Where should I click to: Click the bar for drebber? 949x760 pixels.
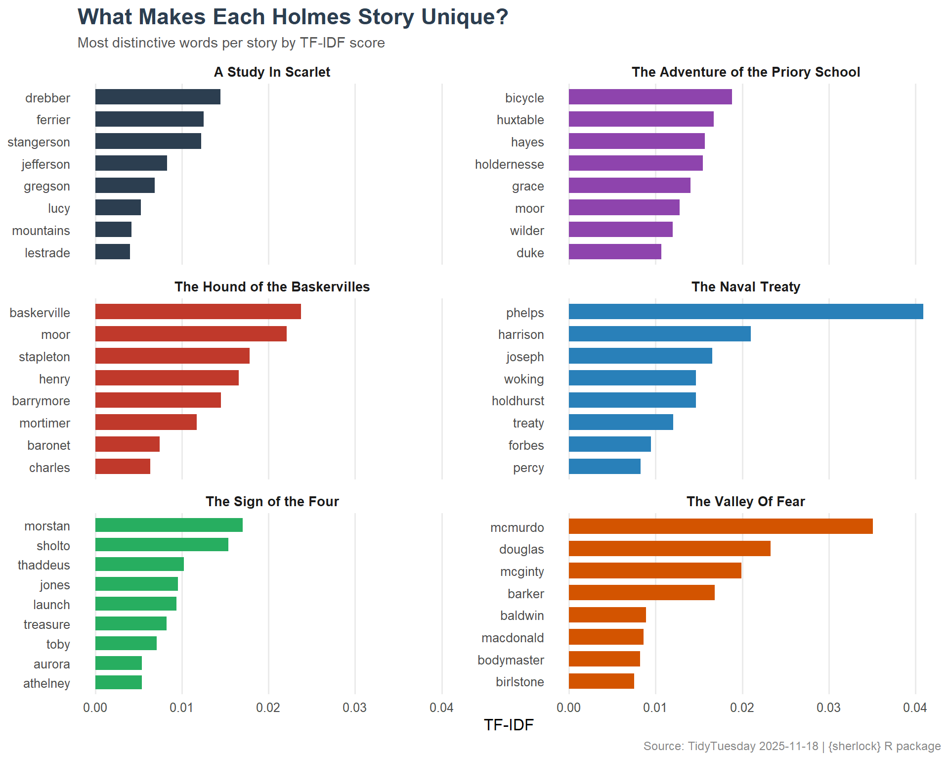[x=158, y=97]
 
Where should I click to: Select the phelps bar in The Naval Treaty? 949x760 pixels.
[x=745, y=312]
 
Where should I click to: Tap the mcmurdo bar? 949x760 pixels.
[x=720, y=526]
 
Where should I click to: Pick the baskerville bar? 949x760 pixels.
[x=198, y=312]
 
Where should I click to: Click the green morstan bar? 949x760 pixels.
[x=169, y=525]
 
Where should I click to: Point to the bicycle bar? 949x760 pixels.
[x=650, y=97]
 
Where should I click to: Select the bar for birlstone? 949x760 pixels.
[x=601, y=681]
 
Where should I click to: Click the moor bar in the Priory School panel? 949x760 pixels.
[x=624, y=208]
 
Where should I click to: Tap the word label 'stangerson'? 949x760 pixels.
[x=39, y=142]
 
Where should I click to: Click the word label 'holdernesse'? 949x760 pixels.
[x=509, y=164]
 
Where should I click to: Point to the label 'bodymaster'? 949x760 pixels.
[x=511, y=660]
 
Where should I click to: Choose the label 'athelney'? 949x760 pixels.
[x=46, y=683]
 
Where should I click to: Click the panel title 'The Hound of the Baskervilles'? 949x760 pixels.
[x=272, y=287]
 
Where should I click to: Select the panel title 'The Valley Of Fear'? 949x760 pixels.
[x=745, y=502]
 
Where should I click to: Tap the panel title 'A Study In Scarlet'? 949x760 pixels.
[x=272, y=72]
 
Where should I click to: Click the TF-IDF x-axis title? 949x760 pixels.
[x=509, y=725]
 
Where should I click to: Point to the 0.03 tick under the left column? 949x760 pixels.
[x=354, y=708]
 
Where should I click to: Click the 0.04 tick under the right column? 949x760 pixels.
[x=914, y=708]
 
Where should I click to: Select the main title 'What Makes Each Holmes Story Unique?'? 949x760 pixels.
[x=293, y=17]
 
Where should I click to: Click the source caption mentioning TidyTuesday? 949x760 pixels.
[x=792, y=746]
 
